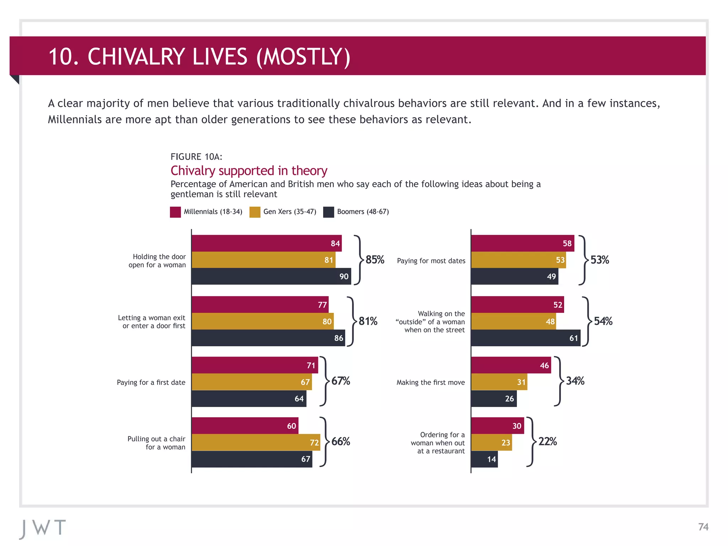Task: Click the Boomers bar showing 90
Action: point(271,276)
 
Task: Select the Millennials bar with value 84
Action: point(266,243)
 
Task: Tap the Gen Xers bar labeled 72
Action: point(256,442)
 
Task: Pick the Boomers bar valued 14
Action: point(484,459)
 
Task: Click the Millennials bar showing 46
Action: point(511,365)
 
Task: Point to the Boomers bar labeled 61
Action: point(525,338)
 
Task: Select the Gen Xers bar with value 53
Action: point(518,260)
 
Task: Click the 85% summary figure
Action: point(375,259)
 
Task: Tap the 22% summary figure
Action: point(547,441)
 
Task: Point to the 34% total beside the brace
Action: point(575,381)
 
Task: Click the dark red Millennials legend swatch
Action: point(175,212)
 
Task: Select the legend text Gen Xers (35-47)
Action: point(289,212)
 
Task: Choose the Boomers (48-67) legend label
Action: point(363,212)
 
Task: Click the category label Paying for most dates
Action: point(431,261)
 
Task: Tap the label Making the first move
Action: point(430,382)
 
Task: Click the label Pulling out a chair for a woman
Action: point(156,443)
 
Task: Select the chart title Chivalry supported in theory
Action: point(248,171)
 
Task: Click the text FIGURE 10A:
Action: point(196,157)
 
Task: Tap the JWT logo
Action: point(43,528)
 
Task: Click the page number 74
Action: point(703,527)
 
